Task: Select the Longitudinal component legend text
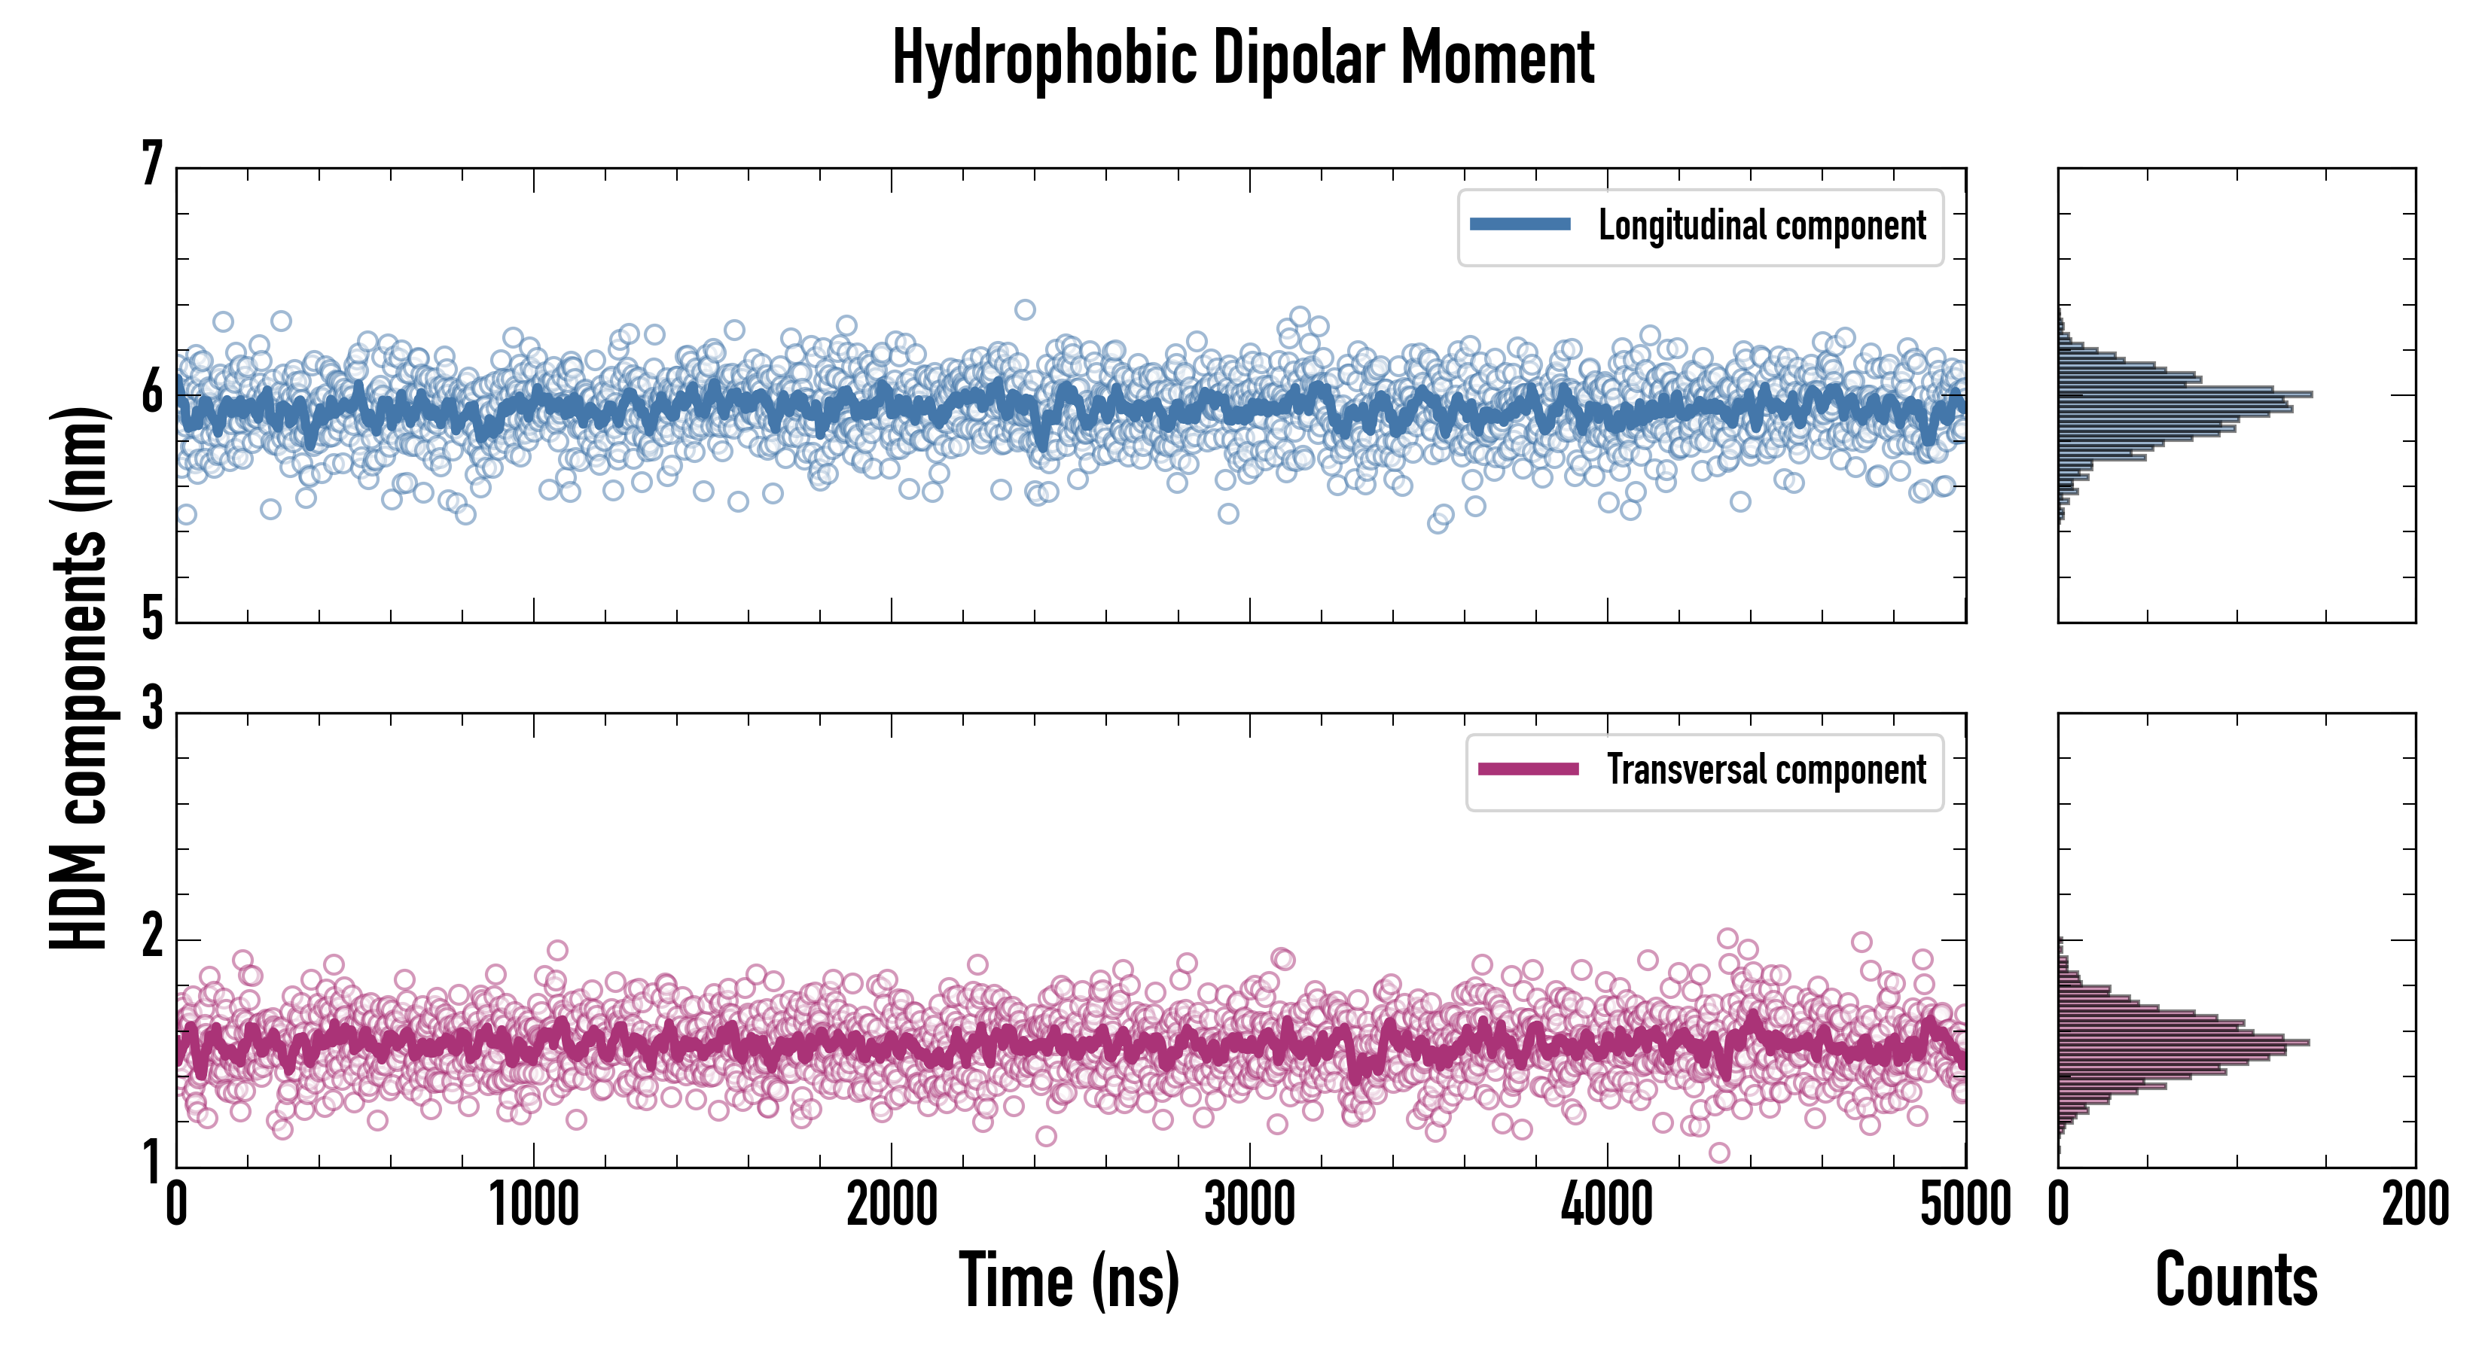point(1761,226)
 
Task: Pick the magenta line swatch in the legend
point(1528,769)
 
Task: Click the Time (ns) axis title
point(1069,1280)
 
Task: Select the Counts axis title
point(2236,1280)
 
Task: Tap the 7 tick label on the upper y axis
point(152,164)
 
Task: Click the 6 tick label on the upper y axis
point(152,392)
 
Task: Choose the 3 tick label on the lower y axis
point(152,709)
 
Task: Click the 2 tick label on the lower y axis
point(152,936)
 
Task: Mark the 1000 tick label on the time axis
point(533,1204)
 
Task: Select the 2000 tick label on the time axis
point(892,1204)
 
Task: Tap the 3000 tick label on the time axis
point(1249,1204)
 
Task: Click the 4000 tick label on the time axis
point(1607,1204)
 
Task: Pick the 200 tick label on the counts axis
point(2414,1204)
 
